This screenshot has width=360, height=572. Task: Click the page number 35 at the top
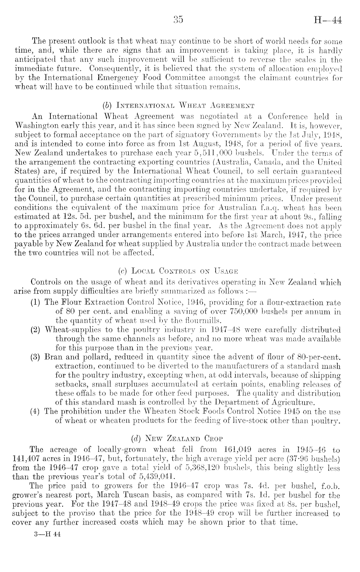(178, 20)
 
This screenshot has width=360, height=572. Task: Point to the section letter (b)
(106, 105)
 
